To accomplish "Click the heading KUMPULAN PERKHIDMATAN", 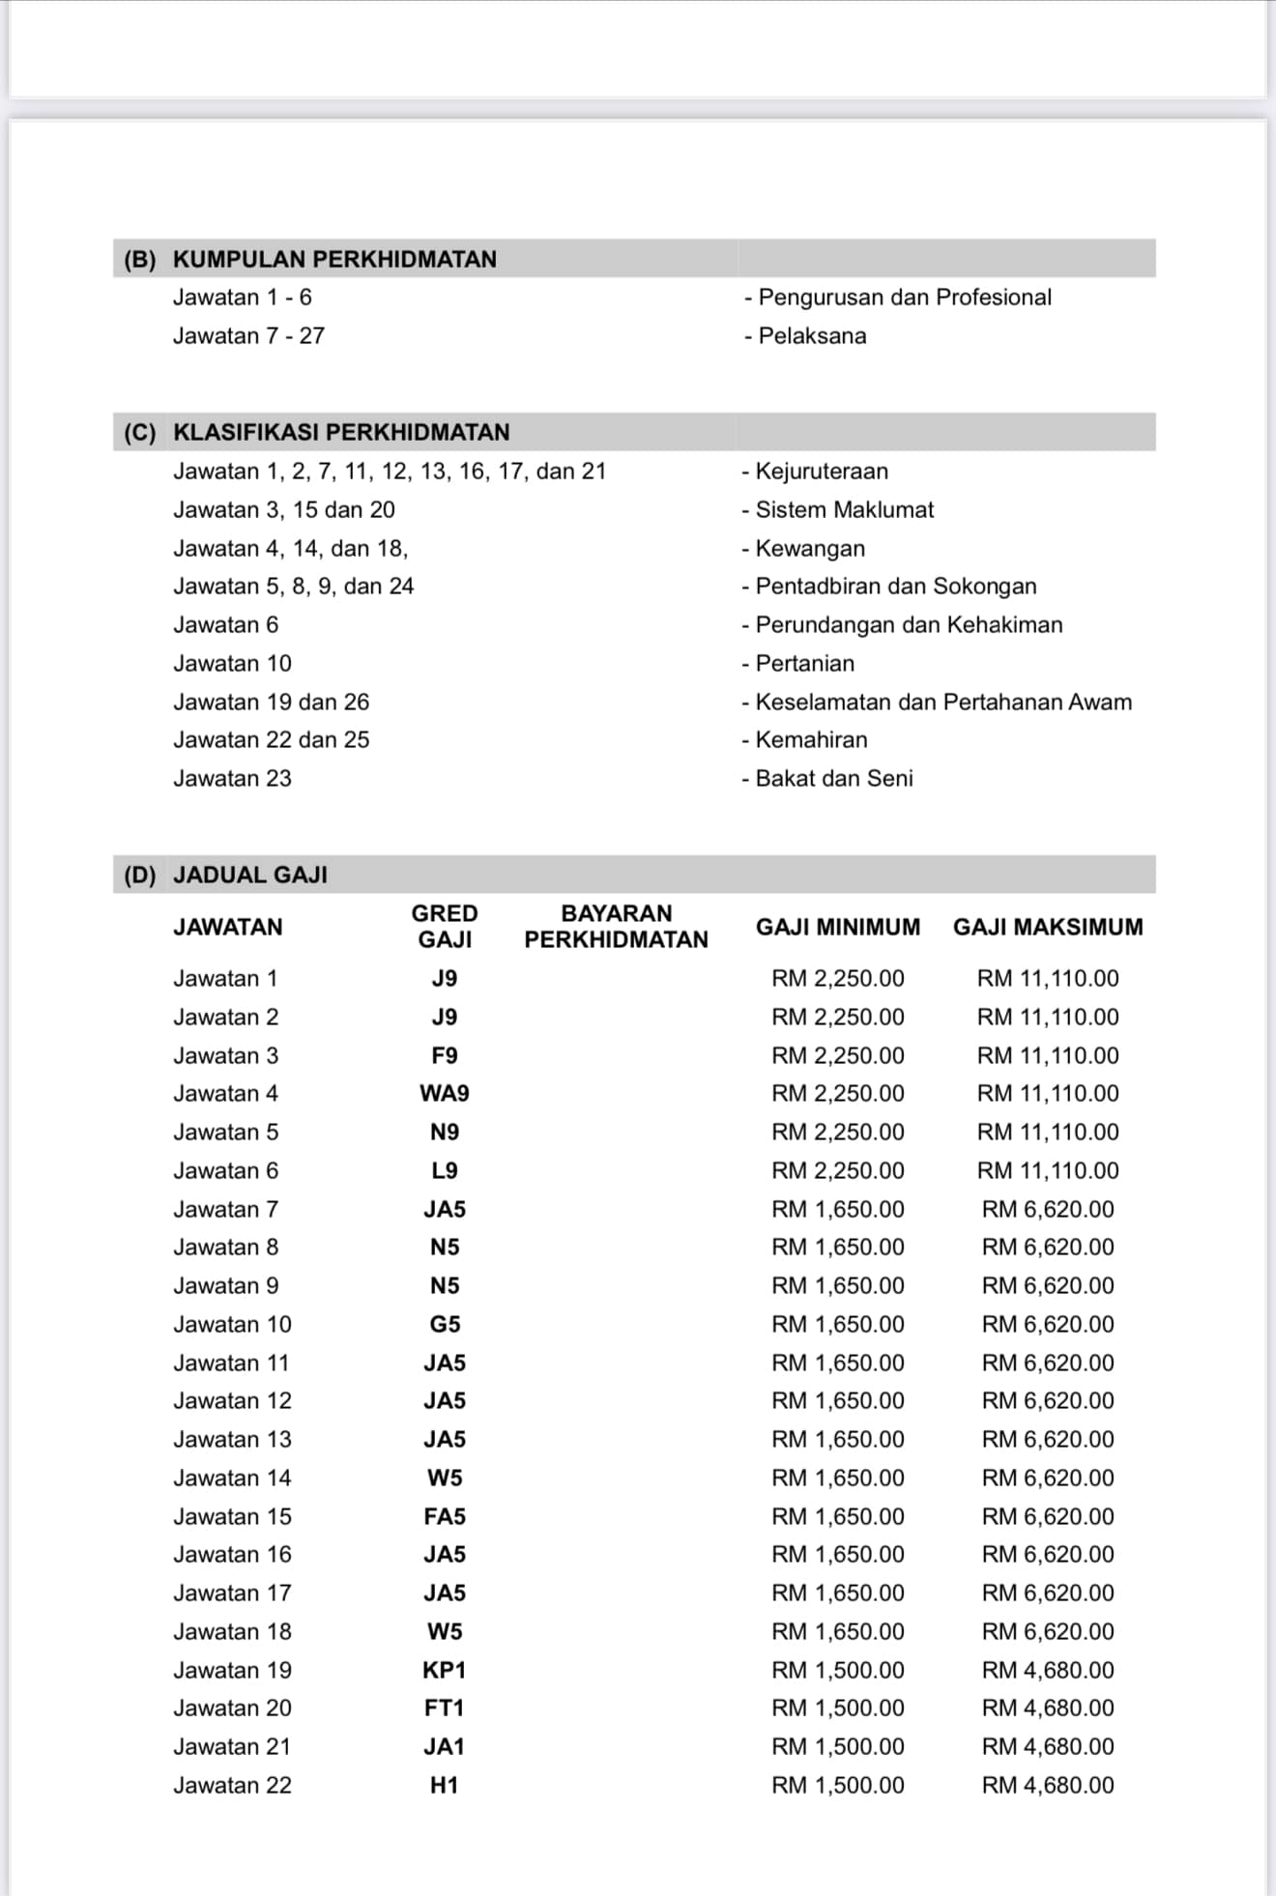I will (333, 259).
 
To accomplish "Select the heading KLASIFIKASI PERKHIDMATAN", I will (340, 432).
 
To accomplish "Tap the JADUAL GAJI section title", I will (249, 875).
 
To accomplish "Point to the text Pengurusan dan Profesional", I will (904, 298).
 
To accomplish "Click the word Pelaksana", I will (811, 336).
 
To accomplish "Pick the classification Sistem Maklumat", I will (844, 509).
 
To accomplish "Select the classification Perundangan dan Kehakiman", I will (908, 625).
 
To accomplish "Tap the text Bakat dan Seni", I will (833, 778).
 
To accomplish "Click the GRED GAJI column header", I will (445, 927).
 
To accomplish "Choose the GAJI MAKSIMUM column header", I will (1048, 927).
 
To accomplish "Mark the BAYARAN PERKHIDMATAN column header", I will (616, 927).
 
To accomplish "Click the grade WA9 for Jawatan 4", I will (445, 1093).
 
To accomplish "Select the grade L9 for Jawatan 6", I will (445, 1170).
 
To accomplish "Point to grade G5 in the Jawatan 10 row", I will (445, 1324).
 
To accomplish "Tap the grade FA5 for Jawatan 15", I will (445, 1516).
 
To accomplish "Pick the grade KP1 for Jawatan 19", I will (445, 1670).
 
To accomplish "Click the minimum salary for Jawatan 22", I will (837, 1785).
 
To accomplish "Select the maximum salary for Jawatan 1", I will (1048, 978).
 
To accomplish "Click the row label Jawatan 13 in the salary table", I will (232, 1439).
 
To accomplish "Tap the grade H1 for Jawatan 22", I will (445, 1785).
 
